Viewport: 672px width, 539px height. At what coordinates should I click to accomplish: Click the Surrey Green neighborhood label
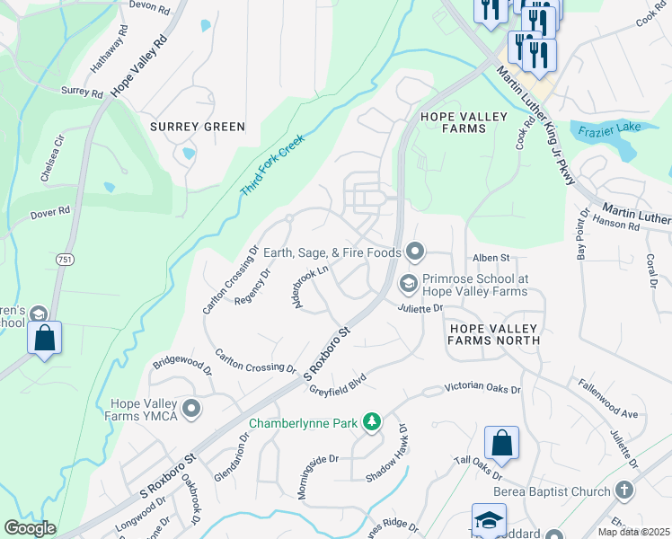pyautogui.click(x=197, y=127)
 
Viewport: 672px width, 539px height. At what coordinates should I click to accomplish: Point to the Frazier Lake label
pyautogui.click(x=610, y=128)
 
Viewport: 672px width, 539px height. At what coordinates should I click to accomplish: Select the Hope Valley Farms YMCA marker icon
pyautogui.click(x=190, y=410)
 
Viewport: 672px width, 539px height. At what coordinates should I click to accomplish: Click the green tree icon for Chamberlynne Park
pyautogui.click(x=371, y=421)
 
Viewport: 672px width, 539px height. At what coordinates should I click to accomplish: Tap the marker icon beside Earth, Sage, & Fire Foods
pyautogui.click(x=414, y=252)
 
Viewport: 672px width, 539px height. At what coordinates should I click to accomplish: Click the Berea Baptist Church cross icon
pyautogui.click(x=625, y=490)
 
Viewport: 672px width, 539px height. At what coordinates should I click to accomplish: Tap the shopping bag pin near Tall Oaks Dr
pyautogui.click(x=501, y=443)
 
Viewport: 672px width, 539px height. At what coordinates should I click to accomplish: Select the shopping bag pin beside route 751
pyautogui.click(x=44, y=339)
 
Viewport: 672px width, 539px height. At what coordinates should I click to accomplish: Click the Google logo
pyautogui.click(x=30, y=528)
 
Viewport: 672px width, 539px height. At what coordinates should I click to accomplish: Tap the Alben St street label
pyautogui.click(x=491, y=258)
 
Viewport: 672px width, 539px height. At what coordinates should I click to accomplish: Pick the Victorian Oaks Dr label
pyautogui.click(x=482, y=390)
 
